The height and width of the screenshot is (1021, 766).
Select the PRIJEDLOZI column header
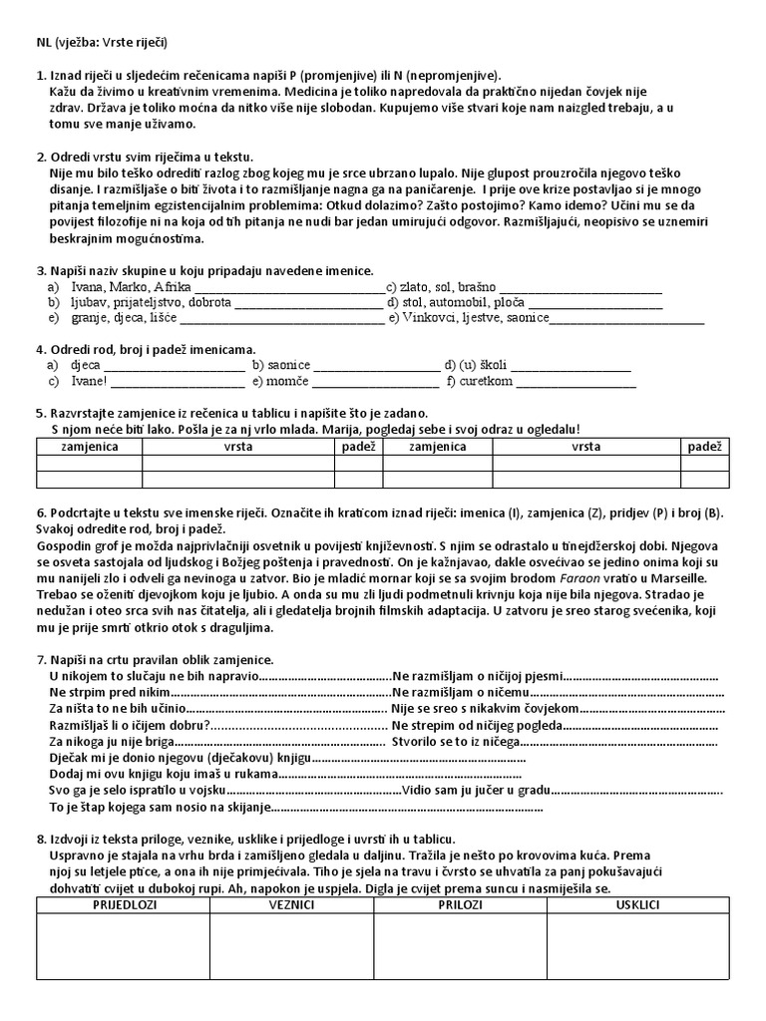coord(123,904)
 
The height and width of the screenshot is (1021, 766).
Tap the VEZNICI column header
coord(292,904)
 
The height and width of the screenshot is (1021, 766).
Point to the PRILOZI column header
coord(459,904)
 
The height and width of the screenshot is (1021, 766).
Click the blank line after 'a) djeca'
coord(175,365)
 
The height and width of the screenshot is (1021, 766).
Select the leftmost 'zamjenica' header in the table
coord(89,447)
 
